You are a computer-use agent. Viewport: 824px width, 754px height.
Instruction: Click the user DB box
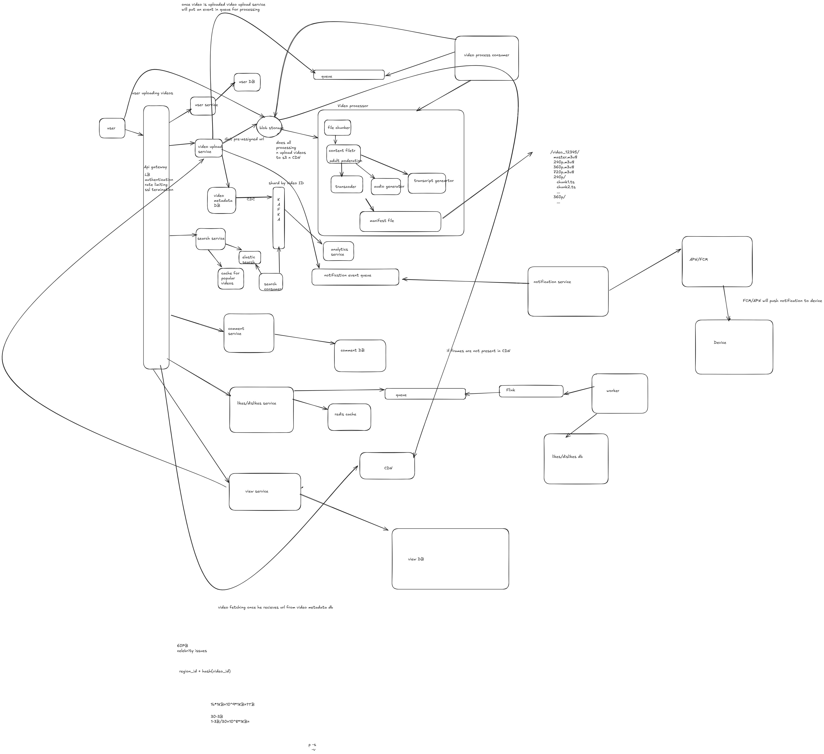coord(247,82)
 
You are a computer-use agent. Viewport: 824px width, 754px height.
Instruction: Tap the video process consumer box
coord(486,58)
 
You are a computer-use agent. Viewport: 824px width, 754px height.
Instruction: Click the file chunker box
coord(338,127)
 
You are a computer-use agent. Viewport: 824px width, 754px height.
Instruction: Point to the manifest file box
coord(400,221)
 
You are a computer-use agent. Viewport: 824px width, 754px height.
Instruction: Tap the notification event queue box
coord(355,277)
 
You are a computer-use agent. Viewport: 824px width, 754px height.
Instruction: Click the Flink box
coord(530,391)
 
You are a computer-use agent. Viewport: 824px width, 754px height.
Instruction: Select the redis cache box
coord(349,417)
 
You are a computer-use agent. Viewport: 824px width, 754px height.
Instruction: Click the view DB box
coord(450,559)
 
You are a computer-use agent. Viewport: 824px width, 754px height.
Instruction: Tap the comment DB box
coord(360,356)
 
